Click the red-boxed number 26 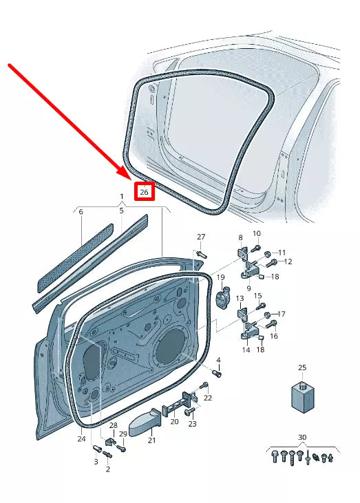[x=144, y=192]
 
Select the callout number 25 [x=301, y=368]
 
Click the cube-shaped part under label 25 [x=301, y=397]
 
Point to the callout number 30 [x=302, y=438]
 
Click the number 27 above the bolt [x=201, y=237]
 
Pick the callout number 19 [x=222, y=277]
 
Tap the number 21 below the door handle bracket [x=152, y=440]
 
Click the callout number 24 [x=82, y=438]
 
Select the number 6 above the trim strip [x=81, y=212]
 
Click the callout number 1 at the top [x=122, y=197]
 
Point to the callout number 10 [x=256, y=234]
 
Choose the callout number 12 [x=288, y=261]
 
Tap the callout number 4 [x=218, y=360]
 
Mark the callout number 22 [x=208, y=398]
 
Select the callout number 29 [x=123, y=434]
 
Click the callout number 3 [x=96, y=462]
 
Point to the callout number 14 [x=246, y=350]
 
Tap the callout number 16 [x=273, y=336]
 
